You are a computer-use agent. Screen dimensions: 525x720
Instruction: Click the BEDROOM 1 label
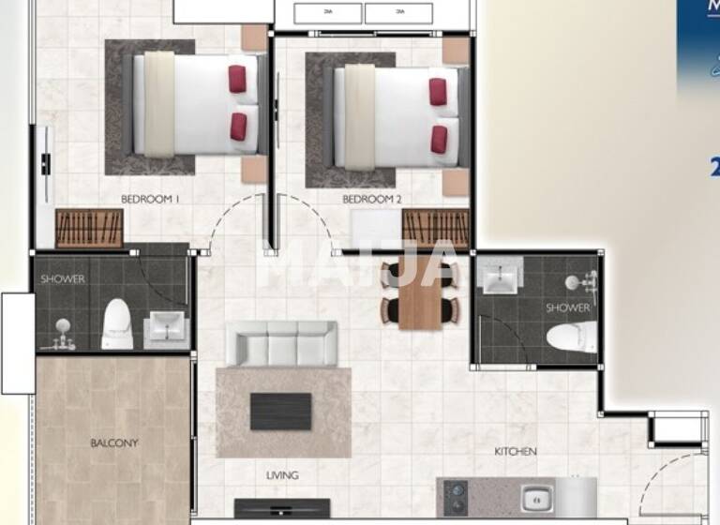click(150, 199)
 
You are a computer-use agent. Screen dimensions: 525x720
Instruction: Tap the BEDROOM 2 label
click(371, 199)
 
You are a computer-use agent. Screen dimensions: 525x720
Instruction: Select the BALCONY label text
click(114, 442)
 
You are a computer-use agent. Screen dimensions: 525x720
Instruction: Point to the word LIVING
click(282, 475)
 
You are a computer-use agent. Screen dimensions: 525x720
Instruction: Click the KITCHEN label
click(516, 452)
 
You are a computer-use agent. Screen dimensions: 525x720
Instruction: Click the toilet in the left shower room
click(117, 323)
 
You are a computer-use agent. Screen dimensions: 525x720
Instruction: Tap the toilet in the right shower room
click(572, 336)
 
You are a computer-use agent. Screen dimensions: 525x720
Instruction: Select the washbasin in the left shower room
click(167, 327)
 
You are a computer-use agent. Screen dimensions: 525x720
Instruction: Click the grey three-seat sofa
click(282, 344)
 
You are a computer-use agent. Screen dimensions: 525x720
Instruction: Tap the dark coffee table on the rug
click(280, 411)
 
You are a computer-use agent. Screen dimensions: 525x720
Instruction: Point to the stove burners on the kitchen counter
click(456, 497)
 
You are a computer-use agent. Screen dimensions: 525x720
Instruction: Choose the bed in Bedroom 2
click(397, 110)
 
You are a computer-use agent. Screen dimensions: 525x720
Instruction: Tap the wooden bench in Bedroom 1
click(90, 228)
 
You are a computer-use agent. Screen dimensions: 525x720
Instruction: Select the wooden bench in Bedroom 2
click(435, 229)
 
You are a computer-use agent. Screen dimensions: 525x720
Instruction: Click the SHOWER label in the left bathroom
click(63, 278)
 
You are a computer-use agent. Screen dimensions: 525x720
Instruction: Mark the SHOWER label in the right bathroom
click(568, 307)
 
